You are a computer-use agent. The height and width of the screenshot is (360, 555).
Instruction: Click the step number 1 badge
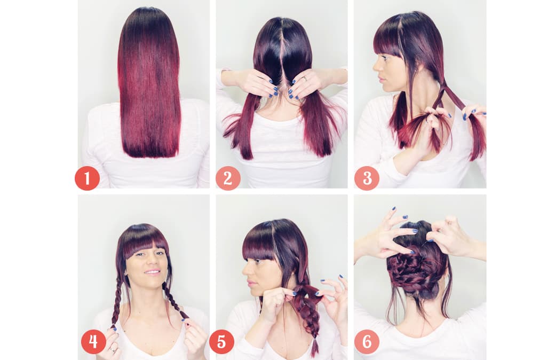[86, 178]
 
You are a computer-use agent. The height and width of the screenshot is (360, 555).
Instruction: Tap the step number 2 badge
[228, 178]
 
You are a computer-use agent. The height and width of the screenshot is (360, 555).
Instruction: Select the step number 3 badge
[367, 178]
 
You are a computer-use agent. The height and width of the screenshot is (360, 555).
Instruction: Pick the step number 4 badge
[93, 342]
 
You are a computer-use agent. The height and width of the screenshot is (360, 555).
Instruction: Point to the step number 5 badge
[221, 342]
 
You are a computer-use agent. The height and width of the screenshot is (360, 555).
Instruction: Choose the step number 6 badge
[367, 342]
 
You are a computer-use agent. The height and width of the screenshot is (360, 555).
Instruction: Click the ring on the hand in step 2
[305, 79]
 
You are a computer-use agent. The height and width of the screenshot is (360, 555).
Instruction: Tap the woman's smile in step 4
[153, 272]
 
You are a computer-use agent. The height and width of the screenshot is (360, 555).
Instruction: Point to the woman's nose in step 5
[245, 271]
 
